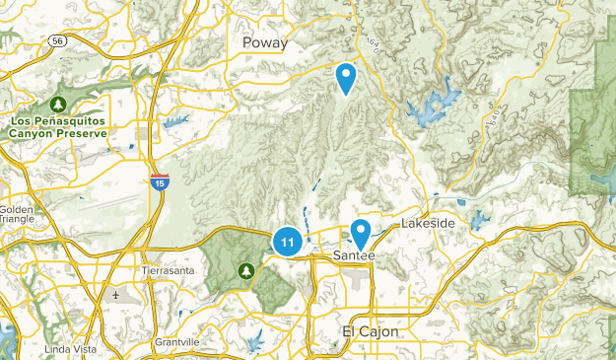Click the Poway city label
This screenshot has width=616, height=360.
(266, 42)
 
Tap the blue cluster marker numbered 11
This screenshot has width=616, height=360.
(287, 241)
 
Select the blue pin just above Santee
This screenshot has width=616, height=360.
(361, 233)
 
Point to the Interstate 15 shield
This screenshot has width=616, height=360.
(159, 181)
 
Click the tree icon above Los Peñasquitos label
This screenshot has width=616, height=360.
(59, 104)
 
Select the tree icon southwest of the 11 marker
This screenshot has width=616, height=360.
(243, 269)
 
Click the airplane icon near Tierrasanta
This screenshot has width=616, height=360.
(116, 294)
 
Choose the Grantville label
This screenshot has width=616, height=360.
(177, 342)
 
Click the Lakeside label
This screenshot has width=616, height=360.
(428, 224)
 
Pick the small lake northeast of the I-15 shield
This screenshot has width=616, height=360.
(177, 122)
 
